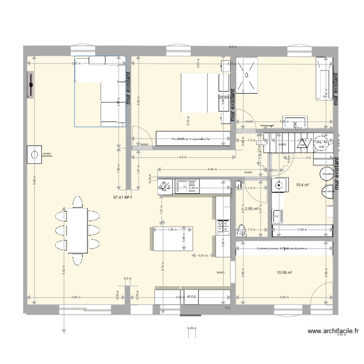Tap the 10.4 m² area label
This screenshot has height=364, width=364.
point(303,185)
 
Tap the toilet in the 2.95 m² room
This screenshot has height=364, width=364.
point(241,230)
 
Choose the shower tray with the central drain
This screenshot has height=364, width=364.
point(248,75)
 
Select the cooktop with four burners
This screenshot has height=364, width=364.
point(224,226)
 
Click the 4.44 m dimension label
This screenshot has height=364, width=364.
point(212,169)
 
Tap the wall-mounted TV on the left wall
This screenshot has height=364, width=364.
point(31,86)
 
